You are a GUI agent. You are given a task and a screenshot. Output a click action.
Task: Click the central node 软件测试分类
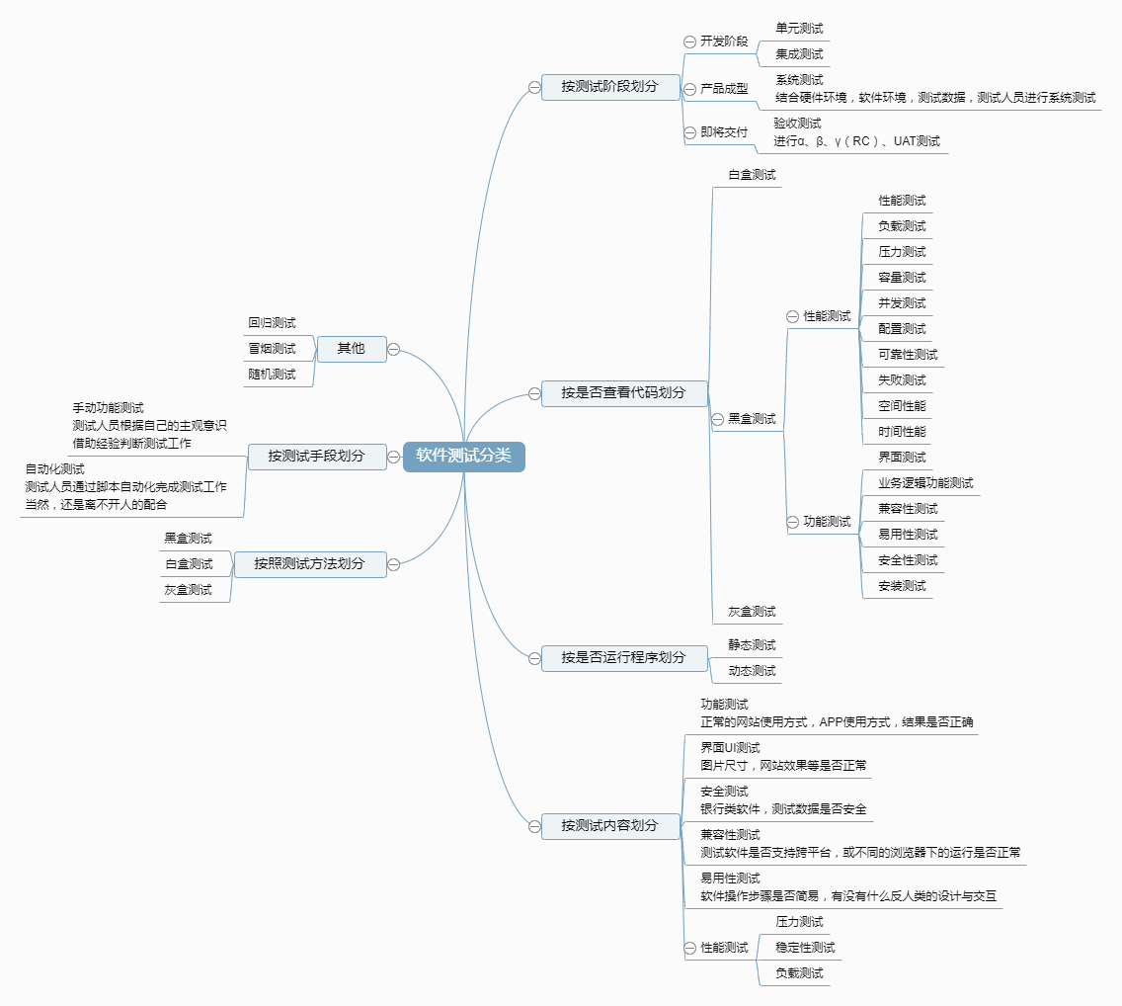[463, 457]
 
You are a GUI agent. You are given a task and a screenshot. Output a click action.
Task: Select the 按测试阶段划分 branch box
[609, 87]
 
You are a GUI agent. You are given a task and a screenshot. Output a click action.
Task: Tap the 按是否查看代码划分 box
[624, 393]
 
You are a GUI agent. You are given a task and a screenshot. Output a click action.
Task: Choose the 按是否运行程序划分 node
[624, 658]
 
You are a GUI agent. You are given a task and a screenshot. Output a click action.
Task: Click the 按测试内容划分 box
[609, 825]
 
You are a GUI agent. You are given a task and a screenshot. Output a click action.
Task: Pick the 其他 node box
[352, 349]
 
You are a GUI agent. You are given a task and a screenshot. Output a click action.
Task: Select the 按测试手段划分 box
[316, 457]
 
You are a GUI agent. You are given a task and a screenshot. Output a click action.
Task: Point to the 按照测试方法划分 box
[310, 564]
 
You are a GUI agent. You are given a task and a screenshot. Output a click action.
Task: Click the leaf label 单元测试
[799, 29]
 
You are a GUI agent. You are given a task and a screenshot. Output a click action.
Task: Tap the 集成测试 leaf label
[799, 54]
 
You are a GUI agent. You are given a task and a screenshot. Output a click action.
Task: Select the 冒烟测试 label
[272, 349]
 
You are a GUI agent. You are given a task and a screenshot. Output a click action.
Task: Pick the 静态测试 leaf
[752, 645]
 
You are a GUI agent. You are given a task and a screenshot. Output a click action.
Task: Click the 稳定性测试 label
[805, 948]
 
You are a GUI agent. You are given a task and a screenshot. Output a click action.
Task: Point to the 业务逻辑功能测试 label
[925, 483]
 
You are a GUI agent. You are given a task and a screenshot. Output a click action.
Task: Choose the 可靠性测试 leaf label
[908, 355]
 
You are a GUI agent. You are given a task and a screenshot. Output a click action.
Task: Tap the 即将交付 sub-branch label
[724, 132]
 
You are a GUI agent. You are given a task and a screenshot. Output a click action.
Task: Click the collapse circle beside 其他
[393, 350]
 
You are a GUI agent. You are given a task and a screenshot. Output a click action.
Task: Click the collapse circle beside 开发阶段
[689, 42]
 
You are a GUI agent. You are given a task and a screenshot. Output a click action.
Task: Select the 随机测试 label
[272, 375]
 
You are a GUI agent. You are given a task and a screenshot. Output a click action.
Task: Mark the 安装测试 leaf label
[903, 586]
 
